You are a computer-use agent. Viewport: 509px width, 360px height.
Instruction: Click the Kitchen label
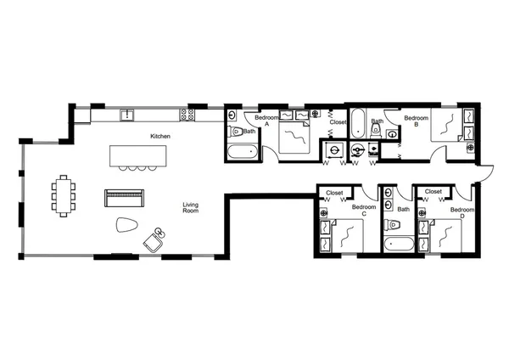[x=160, y=136]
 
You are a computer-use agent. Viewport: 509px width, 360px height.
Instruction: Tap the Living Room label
[x=191, y=207]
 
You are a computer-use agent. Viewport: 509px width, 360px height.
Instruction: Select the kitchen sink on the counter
[x=128, y=114]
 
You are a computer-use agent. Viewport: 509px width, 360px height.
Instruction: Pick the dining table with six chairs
[x=64, y=195]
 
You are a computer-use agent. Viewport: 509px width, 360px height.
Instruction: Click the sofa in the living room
[x=125, y=198]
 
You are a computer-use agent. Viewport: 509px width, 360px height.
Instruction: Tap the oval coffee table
[x=126, y=225]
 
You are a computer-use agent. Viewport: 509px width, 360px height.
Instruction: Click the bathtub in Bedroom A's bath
[x=241, y=153]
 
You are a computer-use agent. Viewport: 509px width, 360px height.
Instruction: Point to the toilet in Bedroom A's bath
[x=236, y=132]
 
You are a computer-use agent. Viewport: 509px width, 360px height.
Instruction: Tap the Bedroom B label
[x=415, y=121]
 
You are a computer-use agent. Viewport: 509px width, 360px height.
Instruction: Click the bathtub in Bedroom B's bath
[x=358, y=124]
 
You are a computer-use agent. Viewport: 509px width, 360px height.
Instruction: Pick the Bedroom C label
[x=364, y=210]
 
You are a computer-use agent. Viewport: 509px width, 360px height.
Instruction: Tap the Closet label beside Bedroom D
[x=433, y=192]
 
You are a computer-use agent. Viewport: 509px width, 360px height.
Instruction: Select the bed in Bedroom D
[x=447, y=235]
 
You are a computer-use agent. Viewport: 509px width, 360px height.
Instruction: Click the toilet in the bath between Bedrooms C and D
[x=392, y=228]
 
